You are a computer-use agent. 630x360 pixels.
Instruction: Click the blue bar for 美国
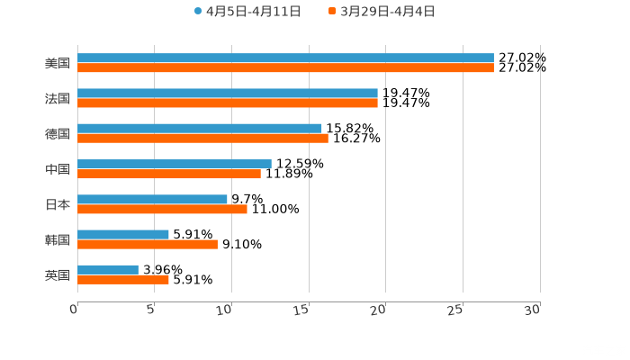tap(285, 58)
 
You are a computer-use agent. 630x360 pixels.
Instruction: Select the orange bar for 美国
tap(285, 68)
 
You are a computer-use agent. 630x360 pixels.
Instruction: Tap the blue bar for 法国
tap(228, 94)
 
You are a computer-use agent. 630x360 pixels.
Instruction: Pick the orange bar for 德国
tap(202, 139)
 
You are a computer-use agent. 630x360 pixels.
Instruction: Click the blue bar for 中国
tap(175, 165)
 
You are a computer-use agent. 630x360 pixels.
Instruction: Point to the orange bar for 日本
tap(162, 209)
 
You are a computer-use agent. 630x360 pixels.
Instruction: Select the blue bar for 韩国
tap(123, 235)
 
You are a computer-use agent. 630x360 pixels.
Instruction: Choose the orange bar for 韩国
tap(148, 244)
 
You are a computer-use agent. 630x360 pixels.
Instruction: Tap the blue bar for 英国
tap(108, 270)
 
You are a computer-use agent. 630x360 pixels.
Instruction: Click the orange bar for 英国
tap(123, 279)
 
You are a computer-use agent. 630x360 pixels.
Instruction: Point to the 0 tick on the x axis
tap(75, 309)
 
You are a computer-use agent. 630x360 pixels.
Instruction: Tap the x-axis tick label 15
tap(304, 309)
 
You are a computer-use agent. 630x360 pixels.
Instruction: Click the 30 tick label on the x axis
tap(534, 309)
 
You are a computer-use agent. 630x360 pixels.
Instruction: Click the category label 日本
tap(58, 204)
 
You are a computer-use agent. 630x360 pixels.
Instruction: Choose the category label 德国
tap(58, 134)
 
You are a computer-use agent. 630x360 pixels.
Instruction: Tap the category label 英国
tap(58, 274)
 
